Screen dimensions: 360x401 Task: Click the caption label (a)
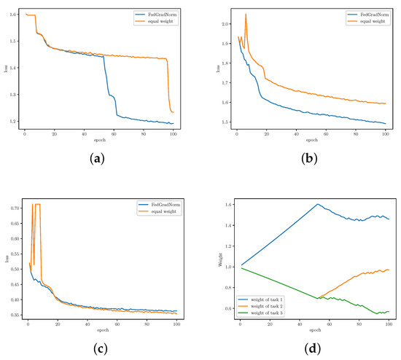coord(97,158)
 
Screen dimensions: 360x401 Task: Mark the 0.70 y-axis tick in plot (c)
coord(12,208)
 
